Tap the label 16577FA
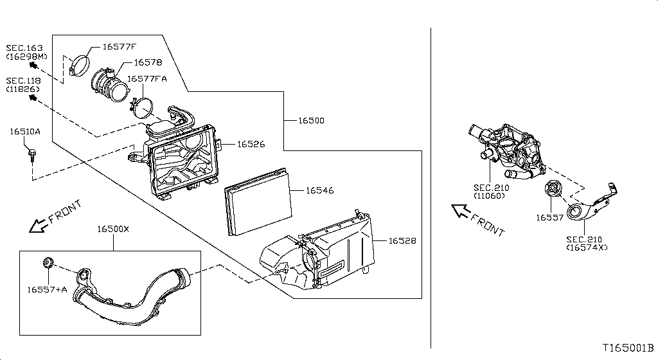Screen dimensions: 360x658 point(147,78)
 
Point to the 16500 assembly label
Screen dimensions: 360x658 point(311,120)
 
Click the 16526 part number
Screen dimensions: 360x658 point(251,144)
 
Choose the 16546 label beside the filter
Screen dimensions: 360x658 point(319,190)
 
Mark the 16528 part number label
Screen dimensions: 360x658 point(402,240)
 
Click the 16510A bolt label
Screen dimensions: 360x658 point(25,132)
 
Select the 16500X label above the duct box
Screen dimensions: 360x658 point(113,229)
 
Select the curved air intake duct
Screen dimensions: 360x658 point(129,299)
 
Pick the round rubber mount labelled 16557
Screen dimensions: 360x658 point(552,192)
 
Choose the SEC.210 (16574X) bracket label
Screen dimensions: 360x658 point(586,243)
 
